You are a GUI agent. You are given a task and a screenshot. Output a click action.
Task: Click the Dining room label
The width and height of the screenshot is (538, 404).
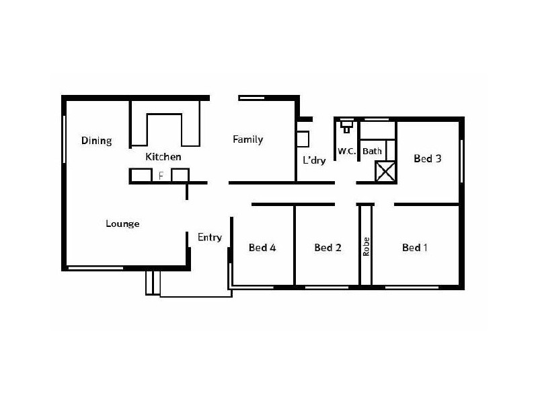(96, 141)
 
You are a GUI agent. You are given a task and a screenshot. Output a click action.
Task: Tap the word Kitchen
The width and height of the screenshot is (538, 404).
(163, 157)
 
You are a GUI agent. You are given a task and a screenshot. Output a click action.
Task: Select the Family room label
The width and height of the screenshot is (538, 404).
(247, 140)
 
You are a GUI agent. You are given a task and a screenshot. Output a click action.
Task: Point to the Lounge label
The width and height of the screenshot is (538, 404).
(122, 224)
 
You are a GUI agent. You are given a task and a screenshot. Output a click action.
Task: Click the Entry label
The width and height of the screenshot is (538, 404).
(209, 237)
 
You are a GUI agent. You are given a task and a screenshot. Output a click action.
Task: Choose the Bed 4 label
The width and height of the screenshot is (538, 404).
(262, 248)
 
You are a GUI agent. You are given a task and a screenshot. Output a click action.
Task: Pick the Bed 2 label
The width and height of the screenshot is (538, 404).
(328, 248)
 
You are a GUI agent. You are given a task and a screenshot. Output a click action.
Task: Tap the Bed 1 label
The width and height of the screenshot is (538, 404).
(415, 248)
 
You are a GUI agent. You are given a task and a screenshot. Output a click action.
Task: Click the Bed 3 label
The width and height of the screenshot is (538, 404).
(427, 159)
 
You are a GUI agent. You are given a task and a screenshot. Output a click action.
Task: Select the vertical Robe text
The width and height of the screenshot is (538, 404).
(366, 247)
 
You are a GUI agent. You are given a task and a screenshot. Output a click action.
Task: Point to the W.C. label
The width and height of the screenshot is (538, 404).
(346, 151)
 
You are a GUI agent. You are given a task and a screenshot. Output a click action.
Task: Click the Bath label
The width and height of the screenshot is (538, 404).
(372, 151)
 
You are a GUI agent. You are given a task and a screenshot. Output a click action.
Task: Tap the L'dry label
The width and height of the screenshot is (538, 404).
(314, 161)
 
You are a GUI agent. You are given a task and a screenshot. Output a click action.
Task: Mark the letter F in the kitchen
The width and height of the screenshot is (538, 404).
(161, 176)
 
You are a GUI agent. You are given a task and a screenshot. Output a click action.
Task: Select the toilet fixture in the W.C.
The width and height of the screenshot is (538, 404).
(346, 125)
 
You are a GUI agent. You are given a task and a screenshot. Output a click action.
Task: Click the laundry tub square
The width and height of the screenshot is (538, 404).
(303, 139)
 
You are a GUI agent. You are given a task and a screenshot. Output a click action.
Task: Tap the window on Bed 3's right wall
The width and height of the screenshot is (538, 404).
(461, 161)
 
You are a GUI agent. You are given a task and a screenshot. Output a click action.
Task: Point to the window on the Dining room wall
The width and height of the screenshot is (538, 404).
(65, 139)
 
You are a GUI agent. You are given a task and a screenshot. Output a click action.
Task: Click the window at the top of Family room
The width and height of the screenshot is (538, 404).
(252, 98)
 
